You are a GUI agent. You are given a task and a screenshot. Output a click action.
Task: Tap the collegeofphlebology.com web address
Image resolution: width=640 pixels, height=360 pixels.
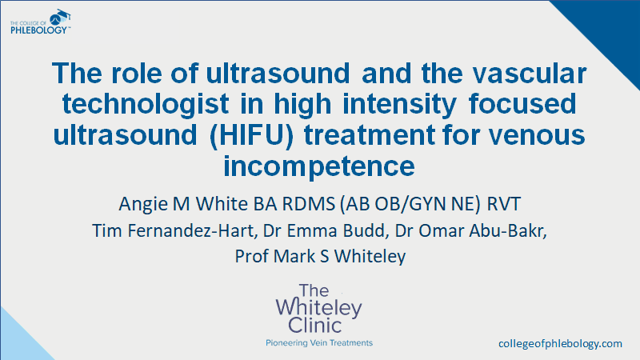(x=559, y=343)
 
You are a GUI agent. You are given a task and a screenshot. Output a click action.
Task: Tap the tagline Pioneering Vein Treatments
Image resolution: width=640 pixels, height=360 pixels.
(x=319, y=342)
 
